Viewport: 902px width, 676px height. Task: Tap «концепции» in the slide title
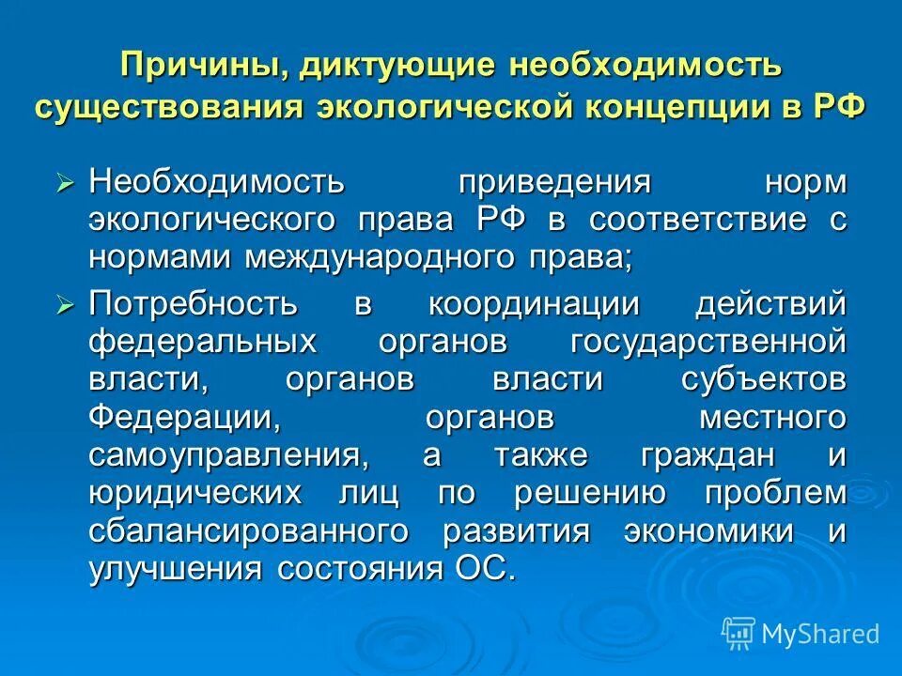click(x=694, y=105)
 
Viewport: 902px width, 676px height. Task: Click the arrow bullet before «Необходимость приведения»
click(x=65, y=181)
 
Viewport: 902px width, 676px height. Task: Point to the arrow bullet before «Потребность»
click(x=65, y=303)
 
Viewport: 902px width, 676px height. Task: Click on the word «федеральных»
click(x=203, y=341)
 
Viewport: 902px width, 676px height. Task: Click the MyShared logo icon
click(x=739, y=633)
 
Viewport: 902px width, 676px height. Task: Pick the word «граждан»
click(x=722, y=455)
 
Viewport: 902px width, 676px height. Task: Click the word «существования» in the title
click(x=169, y=105)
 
